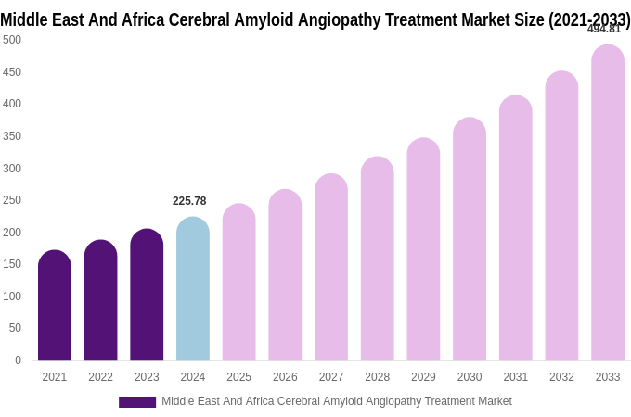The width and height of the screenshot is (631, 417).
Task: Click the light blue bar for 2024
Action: tap(193, 289)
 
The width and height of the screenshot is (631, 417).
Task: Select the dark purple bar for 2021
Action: tap(55, 306)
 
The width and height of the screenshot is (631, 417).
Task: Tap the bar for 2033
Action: tap(608, 203)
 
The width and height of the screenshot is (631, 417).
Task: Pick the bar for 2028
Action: tap(378, 259)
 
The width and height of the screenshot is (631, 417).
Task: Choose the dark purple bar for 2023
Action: tap(147, 295)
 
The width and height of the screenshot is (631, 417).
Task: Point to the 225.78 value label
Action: tap(189, 201)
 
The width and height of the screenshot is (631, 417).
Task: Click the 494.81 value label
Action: tap(604, 29)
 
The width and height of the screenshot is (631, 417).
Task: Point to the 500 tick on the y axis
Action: tap(12, 40)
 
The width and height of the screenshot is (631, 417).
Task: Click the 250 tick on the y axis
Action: tap(12, 200)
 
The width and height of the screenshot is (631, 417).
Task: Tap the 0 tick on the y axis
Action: tap(18, 360)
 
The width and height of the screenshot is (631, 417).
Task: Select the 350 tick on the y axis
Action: tap(12, 136)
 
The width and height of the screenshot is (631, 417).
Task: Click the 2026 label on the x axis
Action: tap(285, 377)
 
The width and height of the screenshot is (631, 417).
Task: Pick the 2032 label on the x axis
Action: tap(561, 377)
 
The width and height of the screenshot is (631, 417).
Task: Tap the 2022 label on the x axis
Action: tap(100, 377)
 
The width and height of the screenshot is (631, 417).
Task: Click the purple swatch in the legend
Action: tap(137, 402)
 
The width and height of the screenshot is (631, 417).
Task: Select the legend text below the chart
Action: tap(337, 401)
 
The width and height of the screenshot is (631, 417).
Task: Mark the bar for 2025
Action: tap(239, 283)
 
